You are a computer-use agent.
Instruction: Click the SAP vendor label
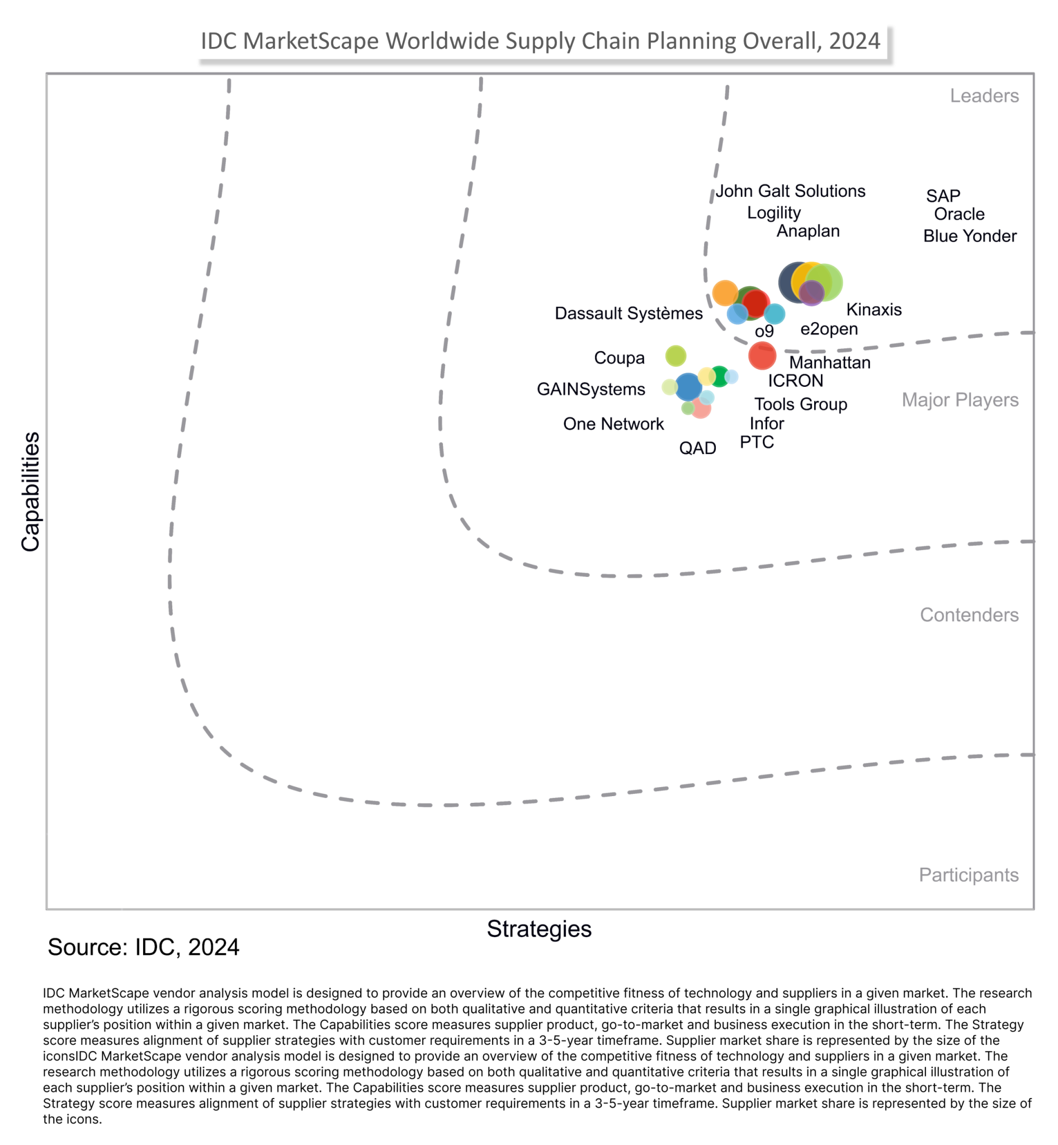[x=943, y=196]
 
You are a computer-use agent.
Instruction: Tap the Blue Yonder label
[x=969, y=236]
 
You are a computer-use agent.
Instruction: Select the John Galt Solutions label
[x=790, y=191]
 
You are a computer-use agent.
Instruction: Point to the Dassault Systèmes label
[x=628, y=314]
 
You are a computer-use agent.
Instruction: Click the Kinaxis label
[x=873, y=310]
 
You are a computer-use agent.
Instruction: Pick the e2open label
[x=828, y=329]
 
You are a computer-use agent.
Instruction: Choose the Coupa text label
[x=619, y=358]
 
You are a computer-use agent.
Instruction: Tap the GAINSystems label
[x=591, y=389]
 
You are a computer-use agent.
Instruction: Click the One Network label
[x=613, y=424]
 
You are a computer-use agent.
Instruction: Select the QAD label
[x=697, y=448]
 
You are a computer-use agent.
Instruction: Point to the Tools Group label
[x=800, y=404]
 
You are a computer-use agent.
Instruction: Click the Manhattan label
[x=830, y=362]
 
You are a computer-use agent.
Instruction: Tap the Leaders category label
[x=984, y=96]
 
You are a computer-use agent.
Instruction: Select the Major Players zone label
[x=960, y=400]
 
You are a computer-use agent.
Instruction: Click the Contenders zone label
[x=969, y=615]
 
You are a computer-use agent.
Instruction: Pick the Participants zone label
[x=968, y=875]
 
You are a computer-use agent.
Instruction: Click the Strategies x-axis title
[x=539, y=929]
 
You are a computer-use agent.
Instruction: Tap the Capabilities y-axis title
[x=30, y=491]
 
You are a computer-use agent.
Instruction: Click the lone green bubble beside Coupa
[x=676, y=356]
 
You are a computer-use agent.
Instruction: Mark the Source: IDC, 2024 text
[x=143, y=948]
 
